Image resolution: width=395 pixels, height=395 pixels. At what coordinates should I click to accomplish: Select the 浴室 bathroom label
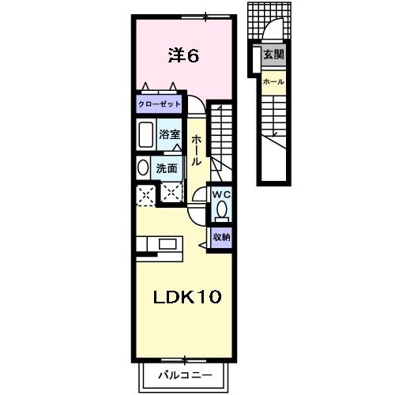(169, 135)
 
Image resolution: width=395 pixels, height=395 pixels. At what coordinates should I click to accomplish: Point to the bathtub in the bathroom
(145, 136)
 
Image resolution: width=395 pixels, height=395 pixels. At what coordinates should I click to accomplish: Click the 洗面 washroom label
(166, 167)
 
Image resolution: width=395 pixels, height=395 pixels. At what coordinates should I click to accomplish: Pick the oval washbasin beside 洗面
(142, 167)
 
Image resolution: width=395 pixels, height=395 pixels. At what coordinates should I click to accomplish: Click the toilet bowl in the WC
(220, 210)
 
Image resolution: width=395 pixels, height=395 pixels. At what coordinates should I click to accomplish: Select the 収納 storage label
(220, 236)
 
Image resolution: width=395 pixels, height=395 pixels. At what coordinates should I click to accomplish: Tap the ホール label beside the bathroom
(197, 150)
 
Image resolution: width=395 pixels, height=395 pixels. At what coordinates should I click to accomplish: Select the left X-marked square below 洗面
(145, 194)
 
